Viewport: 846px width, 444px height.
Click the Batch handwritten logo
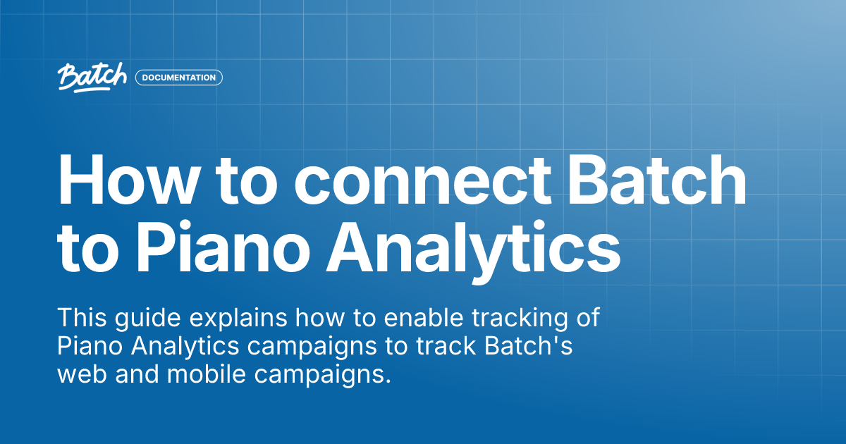pyautogui.click(x=92, y=78)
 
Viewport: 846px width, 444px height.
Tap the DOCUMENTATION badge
pyautogui.click(x=179, y=78)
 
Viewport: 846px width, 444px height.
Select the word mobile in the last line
pyautogui.click(x=200, y=374)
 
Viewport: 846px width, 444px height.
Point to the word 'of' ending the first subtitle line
pyautogui.click(x=587, y=318)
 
